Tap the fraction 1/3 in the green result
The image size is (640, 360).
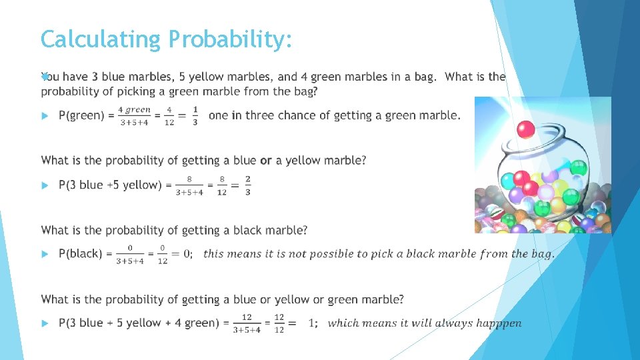tap(195, 115)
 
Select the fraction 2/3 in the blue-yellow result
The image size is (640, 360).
tap(248, 185)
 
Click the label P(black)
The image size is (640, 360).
tap(81, 253)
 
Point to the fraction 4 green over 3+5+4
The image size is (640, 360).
tap(134, 115)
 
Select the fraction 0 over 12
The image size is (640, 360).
tap(162, 254)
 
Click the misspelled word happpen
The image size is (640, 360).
tap(498, 323)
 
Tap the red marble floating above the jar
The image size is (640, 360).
tap(526, 128)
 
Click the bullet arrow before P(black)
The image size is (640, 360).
tap(45, 254)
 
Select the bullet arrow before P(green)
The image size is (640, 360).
tap(45, 116)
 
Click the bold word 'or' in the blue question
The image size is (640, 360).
tap(266, 161)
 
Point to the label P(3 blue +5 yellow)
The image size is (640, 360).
tap(110, 185)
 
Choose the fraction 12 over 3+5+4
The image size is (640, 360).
tap(247, 323)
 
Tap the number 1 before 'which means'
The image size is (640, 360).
tap(312, 323)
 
